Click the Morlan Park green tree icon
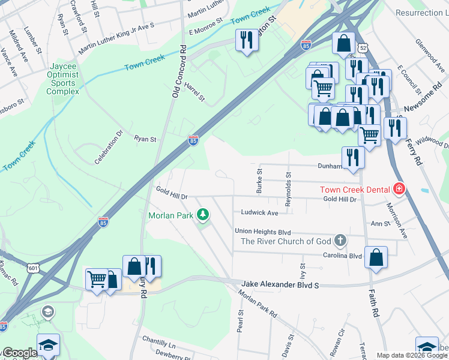tap(203, 214)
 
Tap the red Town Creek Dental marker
tap(399, 190)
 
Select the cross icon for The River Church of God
tap(340, 241)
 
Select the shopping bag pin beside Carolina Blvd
tap(376, 257)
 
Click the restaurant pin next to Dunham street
tap(352, 157)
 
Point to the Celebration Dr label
tap(108, 147)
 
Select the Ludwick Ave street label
tap(259, 213)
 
